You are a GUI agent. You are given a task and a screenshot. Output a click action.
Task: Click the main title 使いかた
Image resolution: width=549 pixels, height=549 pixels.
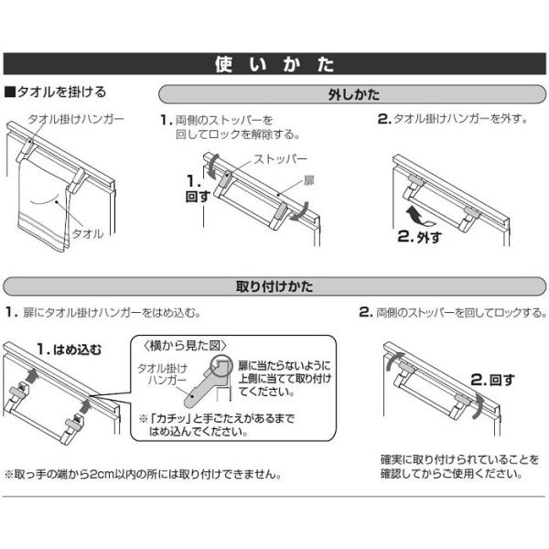274,64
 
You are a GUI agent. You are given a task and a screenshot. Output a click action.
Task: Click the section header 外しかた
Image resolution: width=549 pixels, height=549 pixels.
353,94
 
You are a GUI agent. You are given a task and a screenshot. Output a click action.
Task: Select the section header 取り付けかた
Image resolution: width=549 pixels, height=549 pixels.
274,286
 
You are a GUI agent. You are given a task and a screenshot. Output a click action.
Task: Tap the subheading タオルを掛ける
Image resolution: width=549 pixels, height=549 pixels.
55,92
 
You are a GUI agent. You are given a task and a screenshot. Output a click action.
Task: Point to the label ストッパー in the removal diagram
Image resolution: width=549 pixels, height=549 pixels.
281,159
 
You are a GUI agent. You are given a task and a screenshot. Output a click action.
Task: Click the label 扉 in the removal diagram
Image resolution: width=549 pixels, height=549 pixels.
309,181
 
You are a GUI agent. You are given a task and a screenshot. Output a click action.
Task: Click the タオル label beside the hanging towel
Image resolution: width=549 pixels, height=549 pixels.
88,234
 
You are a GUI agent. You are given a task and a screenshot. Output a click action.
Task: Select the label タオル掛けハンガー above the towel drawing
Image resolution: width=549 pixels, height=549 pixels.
76,119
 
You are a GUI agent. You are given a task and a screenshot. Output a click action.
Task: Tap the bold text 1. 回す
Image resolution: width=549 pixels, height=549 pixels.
198,189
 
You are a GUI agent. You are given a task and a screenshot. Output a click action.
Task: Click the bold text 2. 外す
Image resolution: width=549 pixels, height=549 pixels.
419,237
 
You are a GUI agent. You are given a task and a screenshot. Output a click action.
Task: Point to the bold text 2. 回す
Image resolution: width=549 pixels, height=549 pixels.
493,380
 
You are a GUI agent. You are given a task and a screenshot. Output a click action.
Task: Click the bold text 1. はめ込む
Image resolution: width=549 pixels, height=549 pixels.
70,350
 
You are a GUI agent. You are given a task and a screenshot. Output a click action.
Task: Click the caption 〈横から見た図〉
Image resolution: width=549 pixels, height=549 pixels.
185,346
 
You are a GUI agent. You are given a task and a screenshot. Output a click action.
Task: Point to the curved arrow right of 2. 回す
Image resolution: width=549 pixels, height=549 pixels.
478,405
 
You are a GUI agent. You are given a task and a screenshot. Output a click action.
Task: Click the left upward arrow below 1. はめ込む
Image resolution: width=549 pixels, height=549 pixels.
32,376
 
